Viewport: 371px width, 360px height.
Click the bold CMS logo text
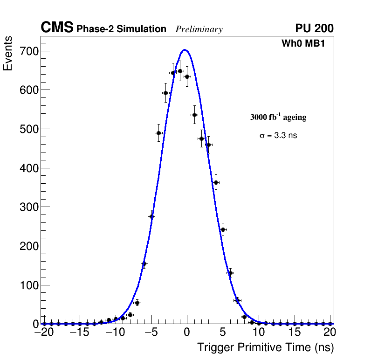tap(57, 28)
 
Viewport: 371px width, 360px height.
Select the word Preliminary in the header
tap(199, 29)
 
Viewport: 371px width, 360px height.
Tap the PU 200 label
tap(314, 28)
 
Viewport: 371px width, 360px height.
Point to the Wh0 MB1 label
tap(302, 44)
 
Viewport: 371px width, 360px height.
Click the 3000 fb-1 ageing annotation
tap(278, 117)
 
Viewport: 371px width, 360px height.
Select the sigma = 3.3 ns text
tap(278, 136)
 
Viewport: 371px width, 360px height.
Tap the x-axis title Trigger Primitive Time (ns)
tap(265, 347)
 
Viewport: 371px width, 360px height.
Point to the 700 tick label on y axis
tap(28, 51)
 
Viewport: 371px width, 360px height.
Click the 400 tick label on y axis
tap(28, 168)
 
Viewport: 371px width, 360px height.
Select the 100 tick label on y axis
tap(28, 285)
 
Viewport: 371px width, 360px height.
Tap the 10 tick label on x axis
tap(259, 332)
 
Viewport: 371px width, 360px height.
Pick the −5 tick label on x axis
tap(151, 332)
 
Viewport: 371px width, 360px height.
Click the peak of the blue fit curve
tap(185, 49)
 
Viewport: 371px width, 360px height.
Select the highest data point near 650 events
tap(180, 71)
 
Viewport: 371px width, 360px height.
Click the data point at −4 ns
tap(158, 133)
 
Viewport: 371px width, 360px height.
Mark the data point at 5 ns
tap(223, 229)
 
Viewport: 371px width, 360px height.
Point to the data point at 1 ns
tap(194, 115)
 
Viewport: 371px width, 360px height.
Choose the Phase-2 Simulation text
tap(121, 29)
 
